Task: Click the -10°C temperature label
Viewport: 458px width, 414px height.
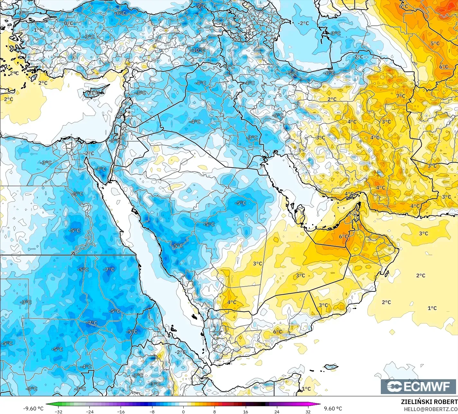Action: [198, 50]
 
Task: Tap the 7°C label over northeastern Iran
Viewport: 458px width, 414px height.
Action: [401, 96]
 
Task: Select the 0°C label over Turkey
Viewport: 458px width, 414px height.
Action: [69, 23]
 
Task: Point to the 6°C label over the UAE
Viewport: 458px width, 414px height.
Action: [343, 237]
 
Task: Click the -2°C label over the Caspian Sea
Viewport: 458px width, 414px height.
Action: [303, 23]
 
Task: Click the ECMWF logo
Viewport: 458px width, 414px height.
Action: [418, 386]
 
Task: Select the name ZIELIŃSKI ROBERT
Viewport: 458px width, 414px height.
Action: [429, 402]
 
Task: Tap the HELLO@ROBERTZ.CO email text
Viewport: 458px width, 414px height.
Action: [431, 409]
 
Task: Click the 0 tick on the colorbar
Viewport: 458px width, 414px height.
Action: [183, 411]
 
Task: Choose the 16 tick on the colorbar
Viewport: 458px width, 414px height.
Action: [246, 411]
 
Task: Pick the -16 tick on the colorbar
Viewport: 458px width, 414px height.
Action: [121, 411]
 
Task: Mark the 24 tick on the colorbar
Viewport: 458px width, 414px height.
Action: [277, 411]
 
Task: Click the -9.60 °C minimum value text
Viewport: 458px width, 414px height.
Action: [33, 409]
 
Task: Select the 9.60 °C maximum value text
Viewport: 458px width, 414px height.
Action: [333, 409]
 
